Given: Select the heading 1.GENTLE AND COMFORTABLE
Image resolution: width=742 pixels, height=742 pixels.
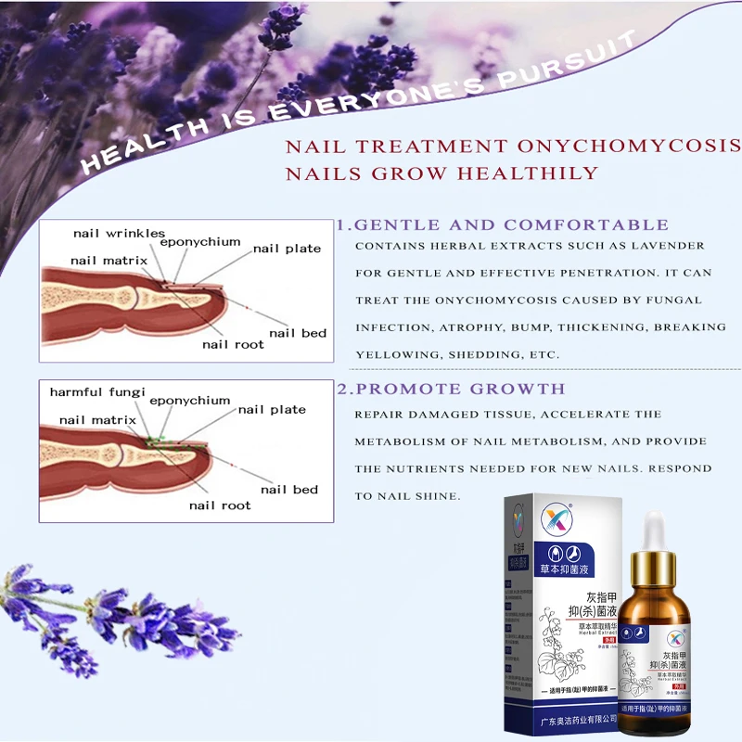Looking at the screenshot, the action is pos(502,225).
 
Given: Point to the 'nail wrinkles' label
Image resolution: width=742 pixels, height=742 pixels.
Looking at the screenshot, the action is pos(120,234).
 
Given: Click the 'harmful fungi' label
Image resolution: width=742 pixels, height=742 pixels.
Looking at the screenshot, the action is pos(97,392).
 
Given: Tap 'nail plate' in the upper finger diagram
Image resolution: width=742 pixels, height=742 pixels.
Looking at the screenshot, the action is pos(287,249).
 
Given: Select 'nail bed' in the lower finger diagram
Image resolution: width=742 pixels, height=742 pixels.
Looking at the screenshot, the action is pos(289,490).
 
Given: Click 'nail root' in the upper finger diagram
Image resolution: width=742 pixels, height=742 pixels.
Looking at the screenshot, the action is pos(233,344).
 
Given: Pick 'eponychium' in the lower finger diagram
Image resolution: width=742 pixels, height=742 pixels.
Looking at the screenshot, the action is pos(189,401).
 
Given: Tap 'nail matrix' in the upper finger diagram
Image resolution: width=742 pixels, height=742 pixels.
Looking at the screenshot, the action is pos(109,262).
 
